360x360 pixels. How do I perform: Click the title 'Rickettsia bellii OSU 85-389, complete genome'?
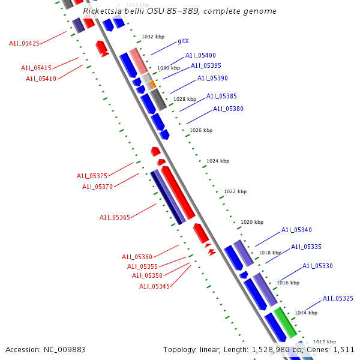(x=180, y=11)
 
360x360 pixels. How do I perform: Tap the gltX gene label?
(x=183, y=41)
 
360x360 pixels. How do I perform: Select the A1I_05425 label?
(x=25, y=43)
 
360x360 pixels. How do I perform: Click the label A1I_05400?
(x=200, y=55)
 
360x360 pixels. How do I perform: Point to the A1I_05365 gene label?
(x=115, y=217)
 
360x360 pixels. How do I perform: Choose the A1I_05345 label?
(x=155, y=286)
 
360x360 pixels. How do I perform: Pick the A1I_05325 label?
(x=338, y=298)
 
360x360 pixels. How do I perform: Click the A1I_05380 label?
(x=228, y=109)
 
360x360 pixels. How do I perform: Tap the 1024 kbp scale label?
(x=217, y=161)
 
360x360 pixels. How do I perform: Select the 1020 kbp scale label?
(x=252, y=222)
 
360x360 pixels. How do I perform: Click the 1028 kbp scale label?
(x=185, y=99)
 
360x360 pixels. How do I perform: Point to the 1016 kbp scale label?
(x=287, y=283)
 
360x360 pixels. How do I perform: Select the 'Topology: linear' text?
(x=188, y=349)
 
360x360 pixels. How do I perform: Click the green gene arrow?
(x=286, y=322)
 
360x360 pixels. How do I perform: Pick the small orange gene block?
(x=152, y=85)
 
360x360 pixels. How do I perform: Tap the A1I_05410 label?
(x=41, y=79)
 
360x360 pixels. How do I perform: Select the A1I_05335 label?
(x=306, y=247)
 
